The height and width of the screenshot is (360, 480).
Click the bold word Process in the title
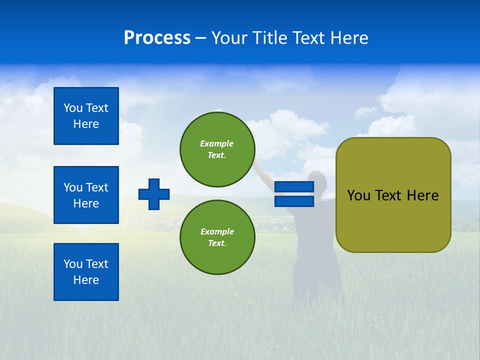(157, 37)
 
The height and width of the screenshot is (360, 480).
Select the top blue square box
(86, 116)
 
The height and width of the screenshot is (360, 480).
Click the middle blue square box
(86, 195)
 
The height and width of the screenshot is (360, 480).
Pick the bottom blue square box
(86, 272)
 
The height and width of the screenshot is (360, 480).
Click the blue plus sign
(154, 194)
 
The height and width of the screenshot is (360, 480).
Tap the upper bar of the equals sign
(294, 186)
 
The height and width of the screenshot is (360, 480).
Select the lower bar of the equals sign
(294, 201)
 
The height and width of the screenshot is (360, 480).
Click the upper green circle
(217, 149)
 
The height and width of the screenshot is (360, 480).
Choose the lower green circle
(217, 237)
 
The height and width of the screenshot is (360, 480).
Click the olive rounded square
(393, 195)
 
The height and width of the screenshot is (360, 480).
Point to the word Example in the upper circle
(216, 143)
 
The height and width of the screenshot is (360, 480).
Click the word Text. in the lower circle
(217, 243)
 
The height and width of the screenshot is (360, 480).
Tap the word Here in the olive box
(423, 195)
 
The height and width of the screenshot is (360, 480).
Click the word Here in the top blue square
(86, 124)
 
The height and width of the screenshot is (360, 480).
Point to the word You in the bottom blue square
(72, 264)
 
